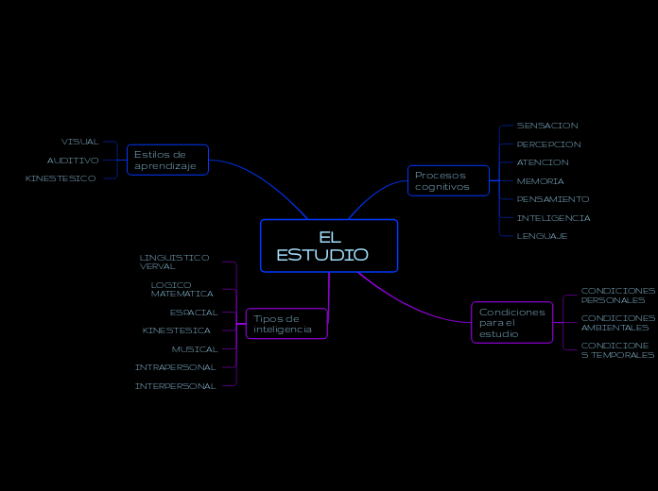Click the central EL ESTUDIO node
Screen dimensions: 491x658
click(329, 245)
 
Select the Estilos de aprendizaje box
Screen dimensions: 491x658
click(167, 161)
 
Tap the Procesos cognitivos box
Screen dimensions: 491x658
click(449, 180)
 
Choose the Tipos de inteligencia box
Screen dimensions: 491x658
click(286, 324)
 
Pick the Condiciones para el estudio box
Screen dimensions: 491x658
click(511, 323)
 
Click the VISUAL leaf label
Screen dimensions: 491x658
click(80, 142)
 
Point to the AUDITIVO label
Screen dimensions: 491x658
click(73, 161)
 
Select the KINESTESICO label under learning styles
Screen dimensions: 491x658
click(61, 178)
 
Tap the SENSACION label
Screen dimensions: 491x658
click(547, 126)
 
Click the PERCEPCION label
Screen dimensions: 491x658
click(548, 144)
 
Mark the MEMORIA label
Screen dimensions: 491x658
click(541, 181)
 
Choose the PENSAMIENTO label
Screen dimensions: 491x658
click(553, 199)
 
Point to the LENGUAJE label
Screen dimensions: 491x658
click(542, 236)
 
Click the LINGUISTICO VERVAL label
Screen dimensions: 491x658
click(175, 262)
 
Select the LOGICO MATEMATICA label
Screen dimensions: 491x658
click(182, 289)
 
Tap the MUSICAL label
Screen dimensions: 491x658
click(195, 349)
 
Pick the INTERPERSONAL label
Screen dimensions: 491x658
click(176, 386)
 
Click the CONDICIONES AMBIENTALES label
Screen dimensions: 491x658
click(618, 323)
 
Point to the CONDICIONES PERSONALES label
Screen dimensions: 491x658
click(618, 296)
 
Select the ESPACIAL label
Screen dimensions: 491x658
click(194, 313)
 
